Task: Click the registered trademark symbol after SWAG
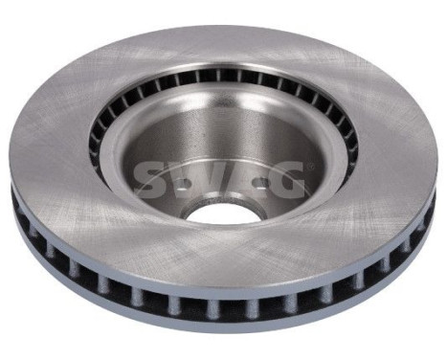pyautogui.click(x=308, y=166)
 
